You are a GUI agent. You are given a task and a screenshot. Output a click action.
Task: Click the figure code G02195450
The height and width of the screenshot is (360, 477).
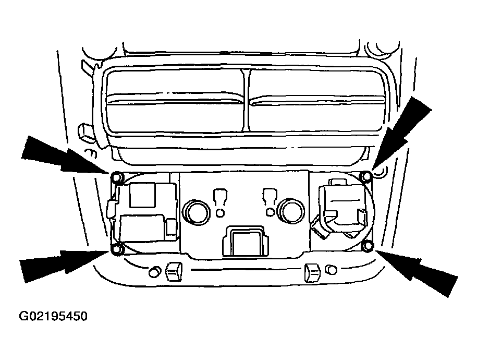point(53,316)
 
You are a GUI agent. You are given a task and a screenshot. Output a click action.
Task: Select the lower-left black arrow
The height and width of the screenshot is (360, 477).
point(63,264)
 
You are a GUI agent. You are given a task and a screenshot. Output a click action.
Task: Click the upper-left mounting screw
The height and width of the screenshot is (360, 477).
point(117,177)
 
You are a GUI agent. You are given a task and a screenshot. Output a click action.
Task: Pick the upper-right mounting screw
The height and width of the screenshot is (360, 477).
point(366,176)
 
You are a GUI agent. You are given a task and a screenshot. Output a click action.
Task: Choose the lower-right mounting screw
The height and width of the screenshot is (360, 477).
point(368,246)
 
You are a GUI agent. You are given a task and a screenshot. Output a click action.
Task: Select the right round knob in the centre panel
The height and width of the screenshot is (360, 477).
point(291,211)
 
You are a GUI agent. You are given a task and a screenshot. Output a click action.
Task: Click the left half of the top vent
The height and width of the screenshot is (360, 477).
point(175,101)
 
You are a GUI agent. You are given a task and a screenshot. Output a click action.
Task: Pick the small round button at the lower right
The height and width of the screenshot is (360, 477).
point(331,270)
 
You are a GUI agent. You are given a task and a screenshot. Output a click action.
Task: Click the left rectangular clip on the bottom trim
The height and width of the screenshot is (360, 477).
point(174,271)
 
